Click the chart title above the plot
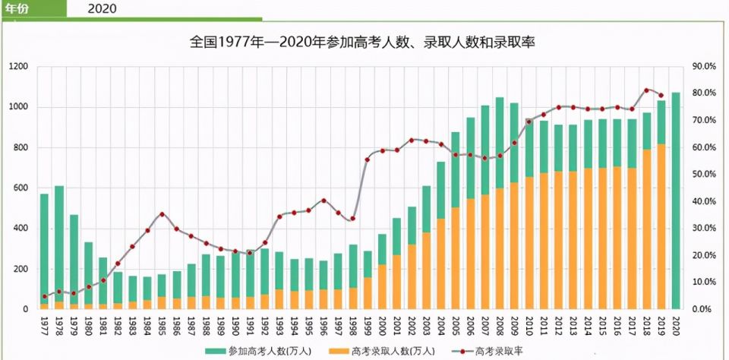click(x=362, y=43)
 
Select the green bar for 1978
click(x=59, y=243)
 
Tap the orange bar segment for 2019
click(x=661, y=228)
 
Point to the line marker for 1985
click(x=162, y=214)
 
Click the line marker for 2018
click(x=646, y=90)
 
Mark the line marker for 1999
click(x=368, y=159)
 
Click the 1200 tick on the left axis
click(x=18, y=67)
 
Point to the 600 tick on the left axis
click(x=21, y=188)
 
